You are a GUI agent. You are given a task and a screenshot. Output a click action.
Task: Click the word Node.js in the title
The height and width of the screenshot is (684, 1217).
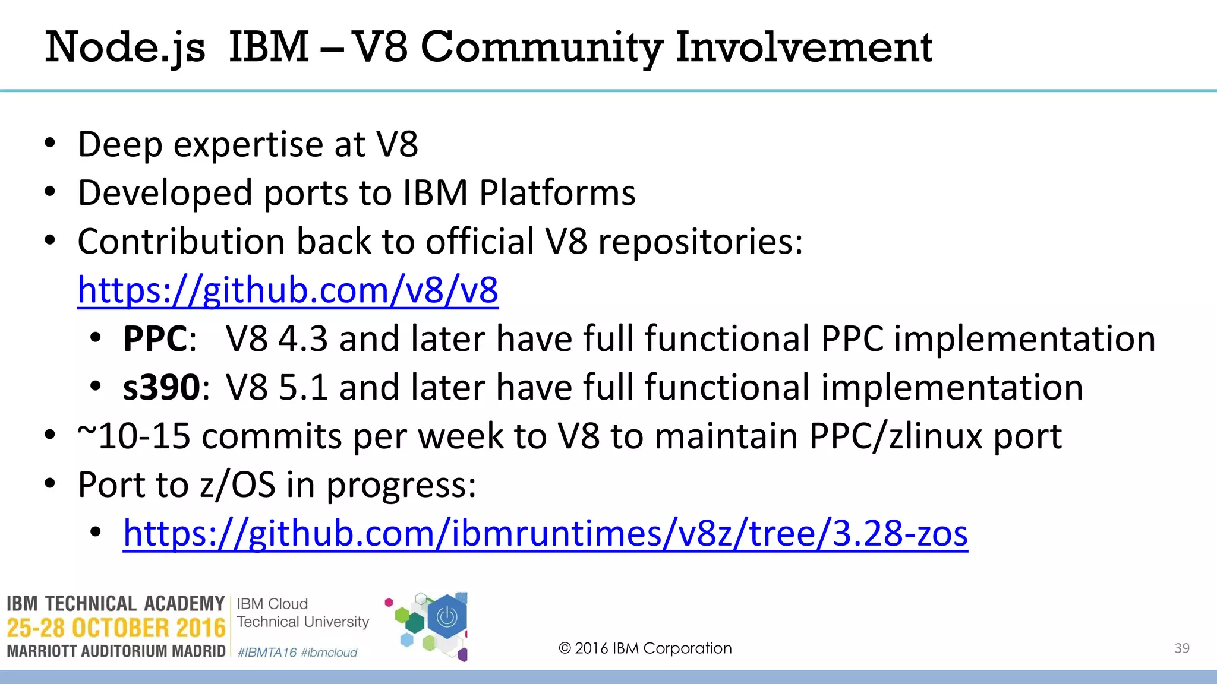point(125,47)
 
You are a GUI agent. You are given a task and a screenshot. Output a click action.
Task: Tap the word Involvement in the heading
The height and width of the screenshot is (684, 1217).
point(803,47)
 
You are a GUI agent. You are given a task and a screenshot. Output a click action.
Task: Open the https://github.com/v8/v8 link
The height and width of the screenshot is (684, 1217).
point(288,290)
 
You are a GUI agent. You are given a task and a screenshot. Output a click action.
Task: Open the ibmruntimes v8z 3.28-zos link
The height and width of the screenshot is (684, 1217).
point(546,533)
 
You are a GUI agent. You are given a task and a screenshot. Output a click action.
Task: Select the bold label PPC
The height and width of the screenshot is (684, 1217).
point(155,339)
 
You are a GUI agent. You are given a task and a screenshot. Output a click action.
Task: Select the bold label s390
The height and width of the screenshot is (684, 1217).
point(161,388)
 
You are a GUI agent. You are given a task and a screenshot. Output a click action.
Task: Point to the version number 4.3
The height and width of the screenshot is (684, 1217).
point(303,339)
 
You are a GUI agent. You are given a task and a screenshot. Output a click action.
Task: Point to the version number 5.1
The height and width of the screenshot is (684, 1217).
point(303,388)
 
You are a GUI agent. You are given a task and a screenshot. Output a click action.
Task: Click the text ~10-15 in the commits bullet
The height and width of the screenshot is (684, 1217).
point(134,436)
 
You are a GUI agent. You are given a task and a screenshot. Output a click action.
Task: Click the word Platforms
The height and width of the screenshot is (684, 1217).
point(557,193)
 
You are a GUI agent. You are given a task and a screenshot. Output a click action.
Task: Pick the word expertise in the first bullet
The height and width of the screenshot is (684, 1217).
point(248,144)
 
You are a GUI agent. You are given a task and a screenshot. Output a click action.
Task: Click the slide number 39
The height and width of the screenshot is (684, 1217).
point(1182,648)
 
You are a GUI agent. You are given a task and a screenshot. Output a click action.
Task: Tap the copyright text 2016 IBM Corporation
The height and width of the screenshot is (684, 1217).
point(645,648)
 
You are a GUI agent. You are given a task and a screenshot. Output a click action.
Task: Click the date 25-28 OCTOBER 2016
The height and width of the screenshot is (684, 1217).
point(116,628)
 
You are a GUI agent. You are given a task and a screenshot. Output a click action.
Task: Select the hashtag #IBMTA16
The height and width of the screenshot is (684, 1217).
point(267,653)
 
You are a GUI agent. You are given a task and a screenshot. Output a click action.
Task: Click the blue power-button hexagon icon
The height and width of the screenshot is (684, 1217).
point(447,617)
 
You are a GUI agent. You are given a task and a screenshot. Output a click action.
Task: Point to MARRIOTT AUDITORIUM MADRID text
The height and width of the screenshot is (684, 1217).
point(116,651)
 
